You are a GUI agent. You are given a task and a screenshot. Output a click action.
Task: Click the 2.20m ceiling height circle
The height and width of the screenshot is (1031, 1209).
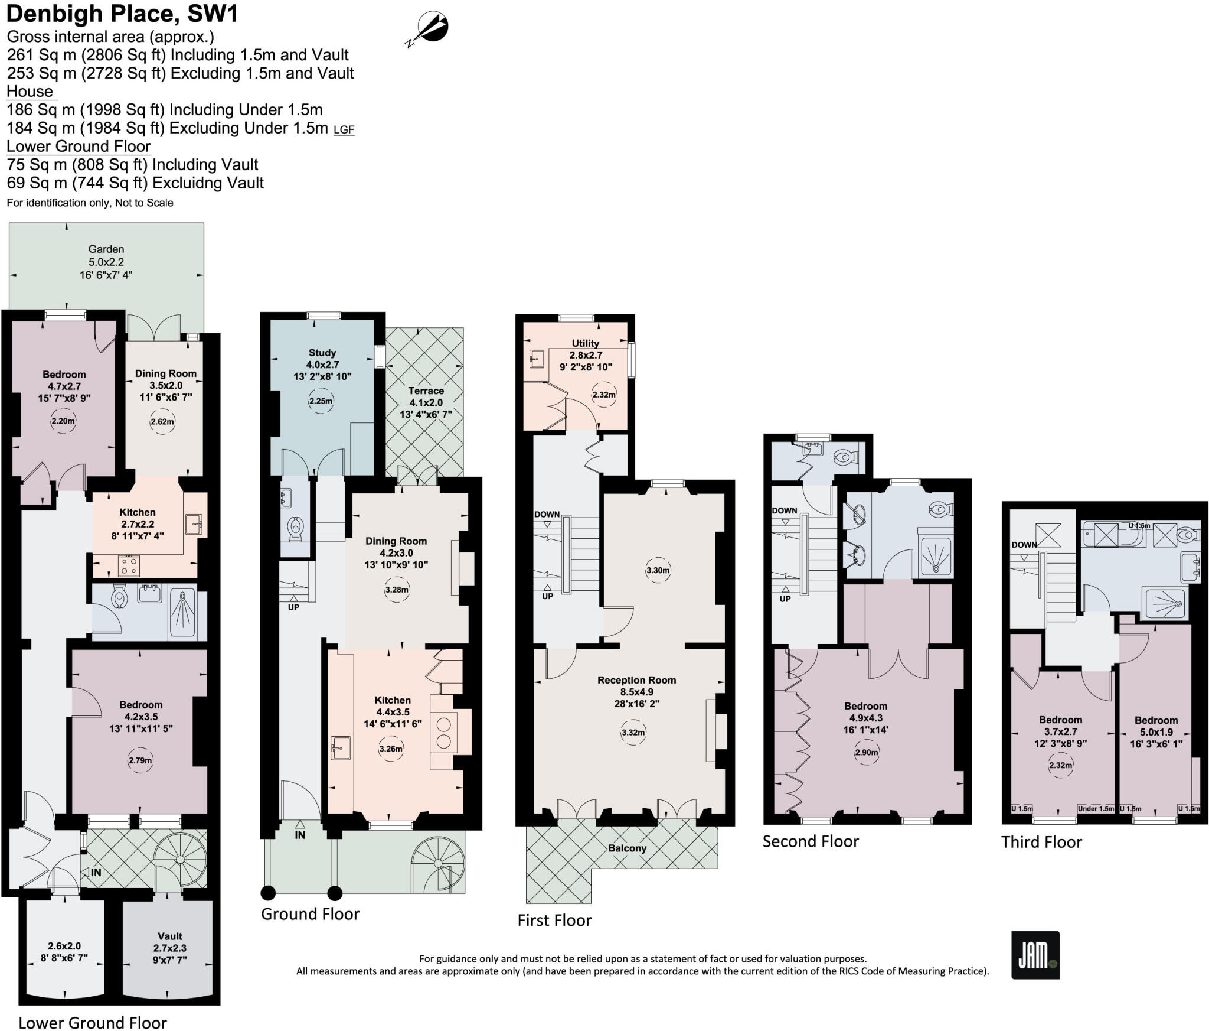click(63, 421)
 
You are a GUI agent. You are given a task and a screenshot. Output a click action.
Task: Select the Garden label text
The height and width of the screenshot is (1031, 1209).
click(106, 249)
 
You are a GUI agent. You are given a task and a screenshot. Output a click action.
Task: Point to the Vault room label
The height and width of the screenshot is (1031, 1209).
click(169, 936)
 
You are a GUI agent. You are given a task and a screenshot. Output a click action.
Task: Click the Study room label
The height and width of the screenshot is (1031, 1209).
click(322, 353)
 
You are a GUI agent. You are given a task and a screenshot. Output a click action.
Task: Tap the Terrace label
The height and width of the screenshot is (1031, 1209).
click(426, 391)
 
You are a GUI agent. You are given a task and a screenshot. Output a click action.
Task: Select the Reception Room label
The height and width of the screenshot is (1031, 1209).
click(636, 680)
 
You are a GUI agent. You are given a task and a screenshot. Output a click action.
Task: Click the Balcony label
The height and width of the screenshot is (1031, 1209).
click(627, 848)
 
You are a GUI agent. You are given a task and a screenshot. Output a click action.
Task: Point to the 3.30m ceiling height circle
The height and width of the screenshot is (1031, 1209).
click(658, 570)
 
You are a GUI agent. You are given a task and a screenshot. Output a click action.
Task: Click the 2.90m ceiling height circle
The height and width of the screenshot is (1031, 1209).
click(866, 752)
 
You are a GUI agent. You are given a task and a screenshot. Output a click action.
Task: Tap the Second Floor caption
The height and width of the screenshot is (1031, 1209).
click(810, 841)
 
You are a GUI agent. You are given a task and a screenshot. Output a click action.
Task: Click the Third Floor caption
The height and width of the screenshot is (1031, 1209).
click(1041, 842)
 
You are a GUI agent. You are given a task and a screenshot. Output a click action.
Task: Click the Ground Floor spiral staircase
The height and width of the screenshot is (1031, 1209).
click(437, 864)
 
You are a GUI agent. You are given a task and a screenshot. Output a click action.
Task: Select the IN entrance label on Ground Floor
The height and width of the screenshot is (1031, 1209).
click(300, 835)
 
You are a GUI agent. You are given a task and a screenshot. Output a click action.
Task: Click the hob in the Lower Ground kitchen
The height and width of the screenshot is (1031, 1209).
click(129, 565)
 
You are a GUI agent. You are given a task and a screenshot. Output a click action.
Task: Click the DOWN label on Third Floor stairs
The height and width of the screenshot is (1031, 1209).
click(1024, 545)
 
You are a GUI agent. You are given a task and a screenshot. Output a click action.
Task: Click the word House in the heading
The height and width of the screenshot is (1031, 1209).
click(30, 92)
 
